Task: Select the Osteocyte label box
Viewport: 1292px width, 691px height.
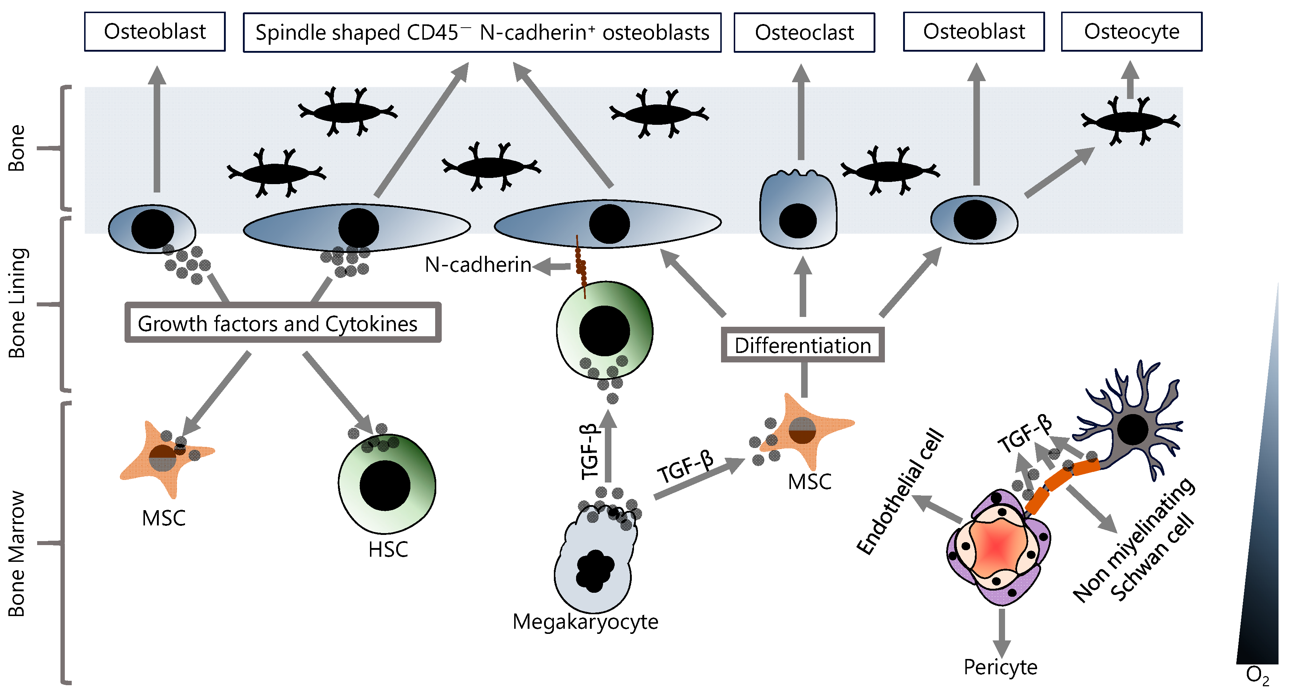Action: (x=1131, y=32)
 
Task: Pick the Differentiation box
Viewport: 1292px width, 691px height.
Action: (x=803, y=345)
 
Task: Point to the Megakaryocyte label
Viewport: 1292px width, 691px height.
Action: (x=585, y=622)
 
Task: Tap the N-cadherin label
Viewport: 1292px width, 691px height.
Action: (x=477, y=265)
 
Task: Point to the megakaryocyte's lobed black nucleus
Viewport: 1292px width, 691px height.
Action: (x=594, y=571)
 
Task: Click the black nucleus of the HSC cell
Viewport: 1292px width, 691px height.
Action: (x=385, y=485)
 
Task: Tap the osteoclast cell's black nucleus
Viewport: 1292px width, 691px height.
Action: (x=797, y=221)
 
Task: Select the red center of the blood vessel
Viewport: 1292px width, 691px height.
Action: (x=996, y=547)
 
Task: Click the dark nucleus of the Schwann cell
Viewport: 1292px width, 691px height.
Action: (x=1133, y=429)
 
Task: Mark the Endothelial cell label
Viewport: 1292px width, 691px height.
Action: (x=900, y=492)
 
